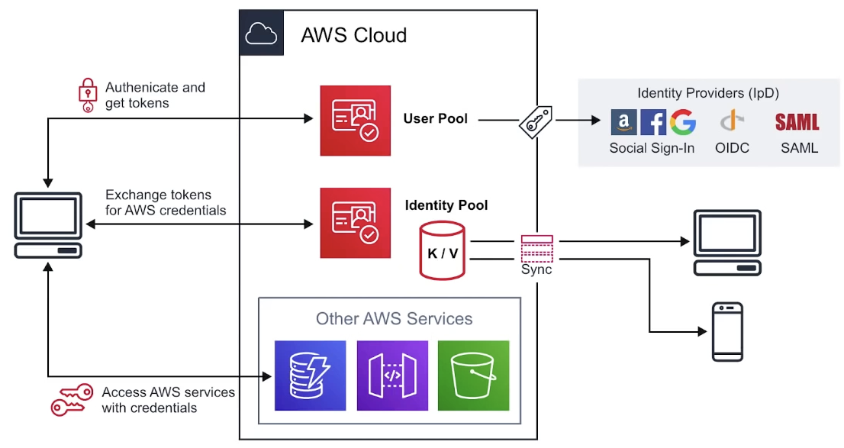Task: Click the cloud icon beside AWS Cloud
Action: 262,33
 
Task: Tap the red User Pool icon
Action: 355,121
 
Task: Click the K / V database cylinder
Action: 442,250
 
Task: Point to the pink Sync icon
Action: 536,250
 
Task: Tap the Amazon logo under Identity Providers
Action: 624,122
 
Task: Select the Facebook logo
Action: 653,122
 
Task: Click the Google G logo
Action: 683,122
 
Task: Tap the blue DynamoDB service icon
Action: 310,375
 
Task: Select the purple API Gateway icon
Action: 392,375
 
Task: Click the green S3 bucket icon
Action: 473,375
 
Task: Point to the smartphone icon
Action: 727,332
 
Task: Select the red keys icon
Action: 72,399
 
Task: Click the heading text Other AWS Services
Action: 394,319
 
